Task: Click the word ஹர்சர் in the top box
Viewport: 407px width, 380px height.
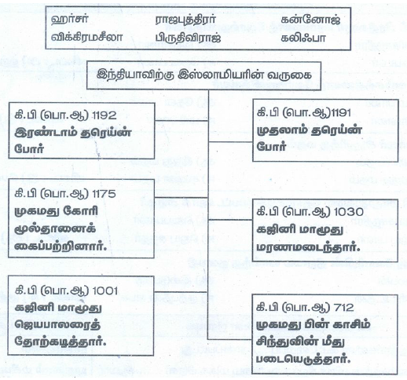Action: point(70,20)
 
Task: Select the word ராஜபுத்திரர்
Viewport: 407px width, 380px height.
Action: point(185,20)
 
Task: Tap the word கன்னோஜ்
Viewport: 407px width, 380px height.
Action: point(310,20)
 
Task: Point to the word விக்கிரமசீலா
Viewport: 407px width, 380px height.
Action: point(86,37)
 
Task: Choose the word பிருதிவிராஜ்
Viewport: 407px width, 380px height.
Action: point(188,38)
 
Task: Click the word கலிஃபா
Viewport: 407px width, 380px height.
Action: point(303,38)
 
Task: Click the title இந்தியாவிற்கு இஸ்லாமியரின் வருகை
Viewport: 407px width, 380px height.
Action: point(204,75)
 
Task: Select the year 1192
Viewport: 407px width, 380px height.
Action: point(104,115)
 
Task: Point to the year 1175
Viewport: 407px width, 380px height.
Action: point(104,194)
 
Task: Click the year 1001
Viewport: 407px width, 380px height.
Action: point(105,290)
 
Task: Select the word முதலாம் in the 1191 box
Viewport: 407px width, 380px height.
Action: point(281,130)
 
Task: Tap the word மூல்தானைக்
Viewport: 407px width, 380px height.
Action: point(55,229)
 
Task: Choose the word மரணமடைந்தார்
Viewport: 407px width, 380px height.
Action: point(308,247)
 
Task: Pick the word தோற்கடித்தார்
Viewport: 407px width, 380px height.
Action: point(60,342)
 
